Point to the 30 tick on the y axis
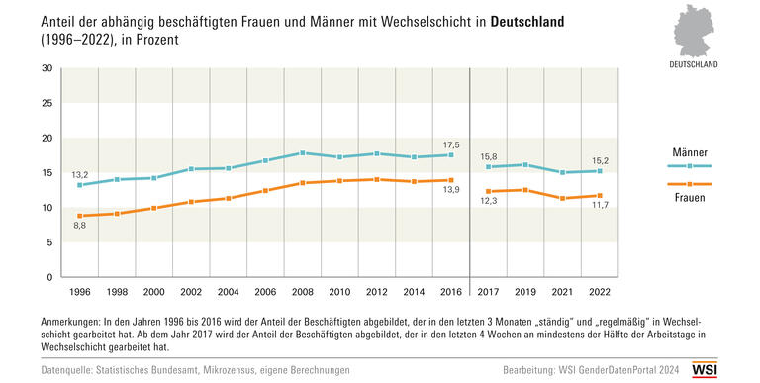tap(47, 68)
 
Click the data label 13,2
tap(79, 174)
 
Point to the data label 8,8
tap(79, 227)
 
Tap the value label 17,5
tap(451, 143)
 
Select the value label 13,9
tap(451, 192)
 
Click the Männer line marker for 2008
tap(302, 153)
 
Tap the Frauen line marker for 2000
tap(153, 208)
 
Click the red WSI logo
tap(731, 368)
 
